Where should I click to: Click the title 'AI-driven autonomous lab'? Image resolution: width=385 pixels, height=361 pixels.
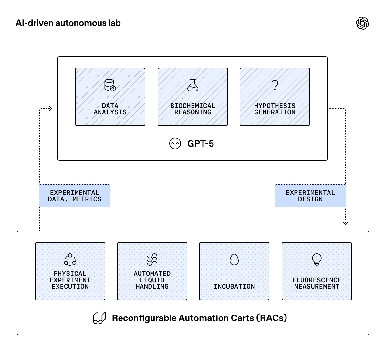tap(68, 23)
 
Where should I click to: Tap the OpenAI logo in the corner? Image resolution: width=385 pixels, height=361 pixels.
tap(362, 23)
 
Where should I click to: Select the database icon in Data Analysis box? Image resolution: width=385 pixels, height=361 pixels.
tap(110, 85)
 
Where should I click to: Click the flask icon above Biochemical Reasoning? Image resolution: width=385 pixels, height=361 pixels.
tap(193, 85)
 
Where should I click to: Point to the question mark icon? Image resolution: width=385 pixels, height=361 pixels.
tap(275, 85)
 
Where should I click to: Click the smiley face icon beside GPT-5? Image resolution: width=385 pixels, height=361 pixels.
tap(175, 144)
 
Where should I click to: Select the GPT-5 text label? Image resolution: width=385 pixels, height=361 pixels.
tap(201, 144)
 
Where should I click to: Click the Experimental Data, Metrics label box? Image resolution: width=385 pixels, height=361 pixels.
tap(75, 196)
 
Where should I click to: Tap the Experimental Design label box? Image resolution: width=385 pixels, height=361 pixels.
tap(310, 196)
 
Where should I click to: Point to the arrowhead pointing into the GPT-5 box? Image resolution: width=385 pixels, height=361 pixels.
tap(50, 109)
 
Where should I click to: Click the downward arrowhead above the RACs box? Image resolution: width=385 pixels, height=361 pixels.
tap(346, 223)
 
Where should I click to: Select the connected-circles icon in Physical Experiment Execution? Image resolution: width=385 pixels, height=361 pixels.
tap(70, 259)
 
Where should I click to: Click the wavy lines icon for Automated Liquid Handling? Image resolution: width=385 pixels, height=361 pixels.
tap(152, 259)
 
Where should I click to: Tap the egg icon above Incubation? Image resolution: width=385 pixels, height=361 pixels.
tap(234, 259)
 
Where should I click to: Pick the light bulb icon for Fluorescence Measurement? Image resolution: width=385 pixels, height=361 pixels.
tap(317, 259)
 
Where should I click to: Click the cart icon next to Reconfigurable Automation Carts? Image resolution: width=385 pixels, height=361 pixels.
tap(99, 318)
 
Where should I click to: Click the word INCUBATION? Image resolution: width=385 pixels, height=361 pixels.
tap(234, 286)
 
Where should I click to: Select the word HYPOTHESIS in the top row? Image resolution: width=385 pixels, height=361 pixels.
tap(275, 106)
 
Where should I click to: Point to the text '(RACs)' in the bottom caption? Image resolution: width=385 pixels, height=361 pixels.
tap(272, 318)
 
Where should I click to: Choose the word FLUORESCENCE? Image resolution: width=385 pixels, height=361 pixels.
tap(317, 280)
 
